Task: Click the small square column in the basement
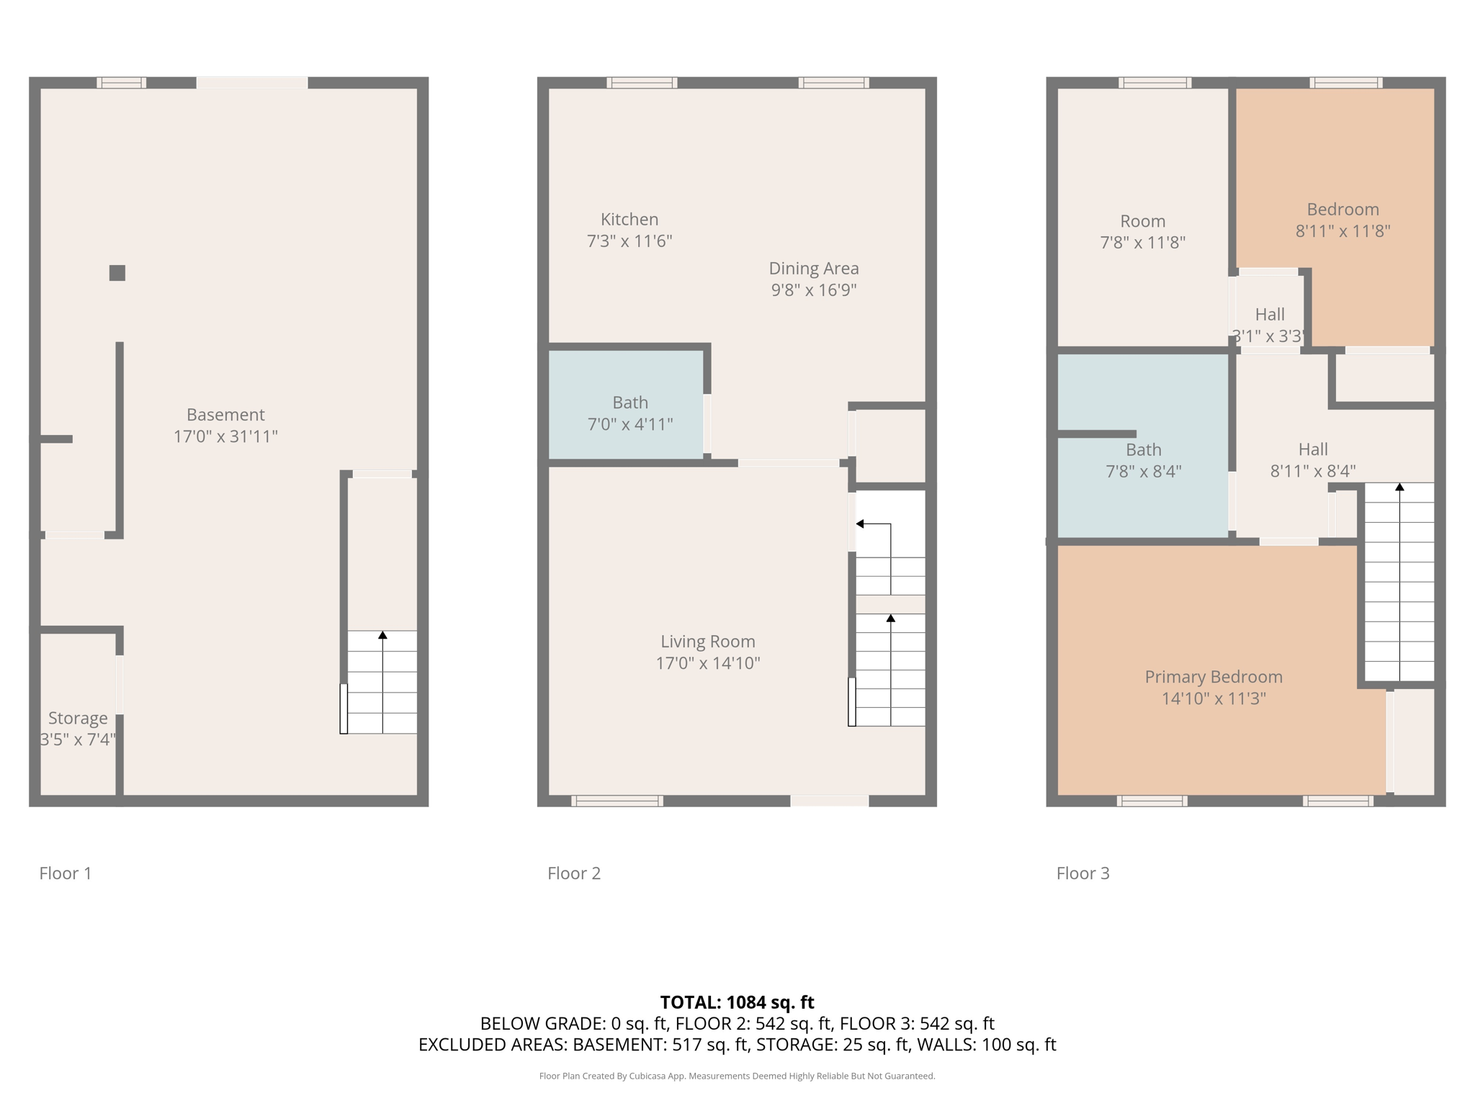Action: click(x=117, y=273)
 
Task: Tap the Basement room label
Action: click(x=225, y=415)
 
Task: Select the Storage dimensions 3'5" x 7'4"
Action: click(x=78, y=739)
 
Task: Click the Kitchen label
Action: click(x=629, y=220)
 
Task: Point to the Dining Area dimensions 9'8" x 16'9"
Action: click(x=814, y=290)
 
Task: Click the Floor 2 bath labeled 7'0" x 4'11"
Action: click(x=630, y=413)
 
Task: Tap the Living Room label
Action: click(x=708, y=642)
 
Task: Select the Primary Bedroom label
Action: click(x=1214, y=677)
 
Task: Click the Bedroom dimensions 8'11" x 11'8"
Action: click(x=1342, y=231)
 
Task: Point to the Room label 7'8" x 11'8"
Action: click(x=1143, y=232)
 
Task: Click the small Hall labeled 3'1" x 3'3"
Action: click(x=1269, y=325)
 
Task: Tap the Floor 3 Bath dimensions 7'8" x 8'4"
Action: click(x=1144, y=472)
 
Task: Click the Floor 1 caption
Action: click(x=66, y=873)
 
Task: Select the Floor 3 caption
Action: click(x=1083, y=873)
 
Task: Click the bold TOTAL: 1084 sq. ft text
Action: click(x=737, y=1002)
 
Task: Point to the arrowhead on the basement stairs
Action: click(x=382, y=635)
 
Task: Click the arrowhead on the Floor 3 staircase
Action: click(x=1399, y=487)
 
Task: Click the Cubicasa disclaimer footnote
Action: click(x=737, y=1076)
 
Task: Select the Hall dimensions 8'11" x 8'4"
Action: click(x=1313, y=472)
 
